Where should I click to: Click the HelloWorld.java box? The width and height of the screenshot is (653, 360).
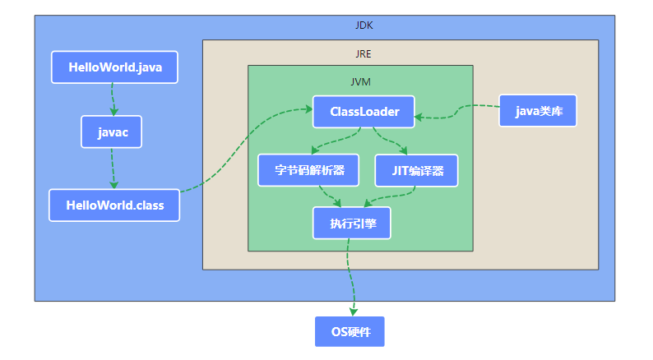click(114, 67)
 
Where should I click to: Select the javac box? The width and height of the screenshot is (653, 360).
click(112, 132)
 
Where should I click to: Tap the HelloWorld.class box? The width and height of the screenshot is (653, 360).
click(113, 205)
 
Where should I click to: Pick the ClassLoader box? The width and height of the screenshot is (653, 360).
click(364, 112)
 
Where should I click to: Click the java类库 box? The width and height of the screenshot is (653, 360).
click(538, 111)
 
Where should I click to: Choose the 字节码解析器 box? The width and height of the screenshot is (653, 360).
click(308, 170)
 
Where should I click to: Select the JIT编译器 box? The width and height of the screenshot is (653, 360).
click(416, 170)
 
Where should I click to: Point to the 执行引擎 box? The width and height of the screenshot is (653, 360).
click(352, 223)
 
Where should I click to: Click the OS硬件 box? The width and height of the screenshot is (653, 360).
click(350, 331)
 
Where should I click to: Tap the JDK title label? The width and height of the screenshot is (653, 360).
click(364, 25)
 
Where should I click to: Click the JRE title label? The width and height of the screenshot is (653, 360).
click(363, 54)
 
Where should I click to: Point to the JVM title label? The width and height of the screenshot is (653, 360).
click(361, 82)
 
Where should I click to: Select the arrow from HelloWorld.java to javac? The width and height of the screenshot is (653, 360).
click(113, 99)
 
